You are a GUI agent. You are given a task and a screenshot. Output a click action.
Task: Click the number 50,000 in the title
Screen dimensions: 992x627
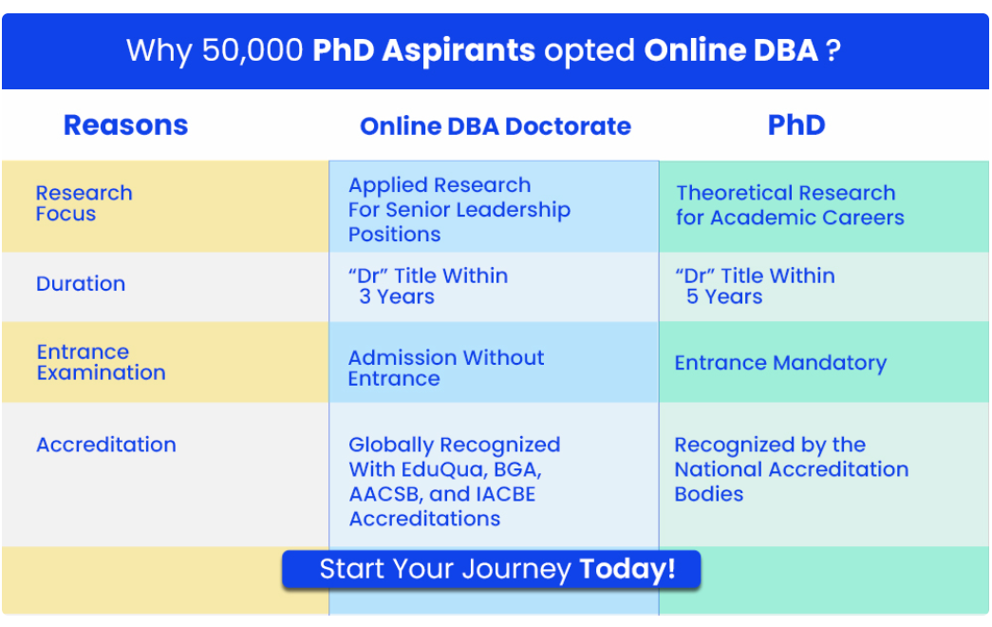[x=253, y=50]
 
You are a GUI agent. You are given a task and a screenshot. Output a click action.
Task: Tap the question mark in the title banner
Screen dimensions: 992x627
[x=833, y=50]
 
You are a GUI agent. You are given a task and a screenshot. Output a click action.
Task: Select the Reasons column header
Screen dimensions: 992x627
[x=126, y=124]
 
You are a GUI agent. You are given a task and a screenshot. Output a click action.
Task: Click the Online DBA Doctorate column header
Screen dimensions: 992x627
[x=496, y=126]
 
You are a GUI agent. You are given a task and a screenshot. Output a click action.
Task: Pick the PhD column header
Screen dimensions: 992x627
[x=796, y=124]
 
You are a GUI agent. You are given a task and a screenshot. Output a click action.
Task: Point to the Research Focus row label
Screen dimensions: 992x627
[x=84, y=203]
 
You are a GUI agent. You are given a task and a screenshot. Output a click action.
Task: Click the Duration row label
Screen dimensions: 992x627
[x=81, y=283]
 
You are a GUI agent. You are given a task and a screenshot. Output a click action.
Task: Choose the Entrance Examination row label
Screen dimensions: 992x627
[x=102, y=362]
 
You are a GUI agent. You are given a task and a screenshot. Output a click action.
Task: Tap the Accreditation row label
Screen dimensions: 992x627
[x=106, y=445]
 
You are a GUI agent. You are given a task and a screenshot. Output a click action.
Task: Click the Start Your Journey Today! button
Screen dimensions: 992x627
[x=491, y=569]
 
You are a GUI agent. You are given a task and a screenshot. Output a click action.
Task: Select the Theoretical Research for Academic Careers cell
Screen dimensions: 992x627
[x=790, y=204]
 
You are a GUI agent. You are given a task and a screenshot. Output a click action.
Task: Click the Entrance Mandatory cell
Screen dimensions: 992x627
[x=780, y=363]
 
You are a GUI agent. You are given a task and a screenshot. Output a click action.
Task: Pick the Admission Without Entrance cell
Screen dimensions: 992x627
[x=446, y=368]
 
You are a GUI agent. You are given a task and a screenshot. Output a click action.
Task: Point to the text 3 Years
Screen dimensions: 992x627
[x=397, y=296]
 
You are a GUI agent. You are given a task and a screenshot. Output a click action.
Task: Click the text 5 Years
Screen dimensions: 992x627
[x=724, y=296]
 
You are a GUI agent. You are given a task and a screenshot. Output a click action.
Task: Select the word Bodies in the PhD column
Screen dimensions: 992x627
[x=708, y=494]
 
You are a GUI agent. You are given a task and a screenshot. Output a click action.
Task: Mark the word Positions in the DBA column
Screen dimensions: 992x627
[x=394, y=235]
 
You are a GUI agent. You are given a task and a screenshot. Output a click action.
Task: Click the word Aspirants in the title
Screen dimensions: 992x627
[x=459, y=50]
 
